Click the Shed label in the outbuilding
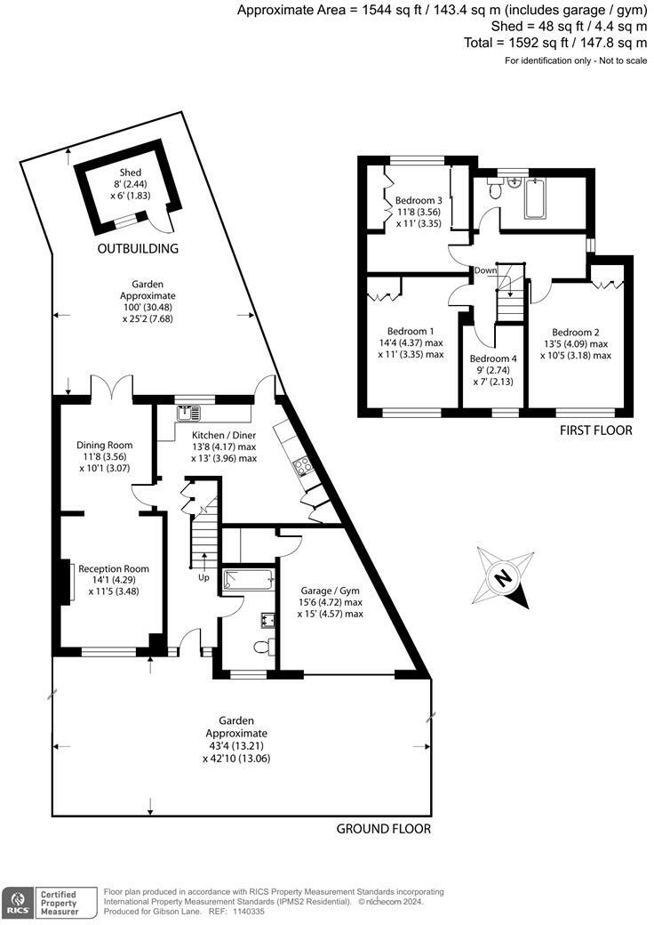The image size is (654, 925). click(131, 173)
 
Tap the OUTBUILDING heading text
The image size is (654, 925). click(139, 248)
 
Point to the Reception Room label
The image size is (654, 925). click(114, 569)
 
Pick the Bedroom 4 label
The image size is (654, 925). click(493, 359)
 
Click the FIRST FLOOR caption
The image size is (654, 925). click(595, 430)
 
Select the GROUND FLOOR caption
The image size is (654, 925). click(383, 829)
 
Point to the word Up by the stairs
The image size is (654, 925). click(204, 577)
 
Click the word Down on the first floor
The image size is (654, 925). click(485, 270)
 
